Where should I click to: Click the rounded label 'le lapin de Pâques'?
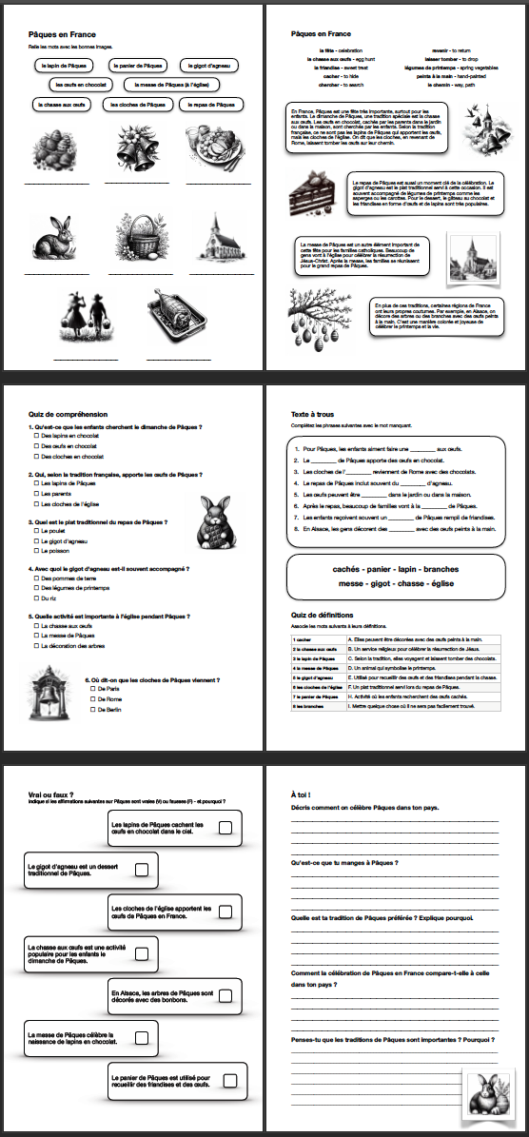(65, 66)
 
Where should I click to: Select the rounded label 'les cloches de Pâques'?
(146, 104)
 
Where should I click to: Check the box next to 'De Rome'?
(91, 698)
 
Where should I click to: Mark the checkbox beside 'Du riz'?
(36, 598)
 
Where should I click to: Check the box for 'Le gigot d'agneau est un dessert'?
(141, 870)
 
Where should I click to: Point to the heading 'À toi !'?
(303, 793)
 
